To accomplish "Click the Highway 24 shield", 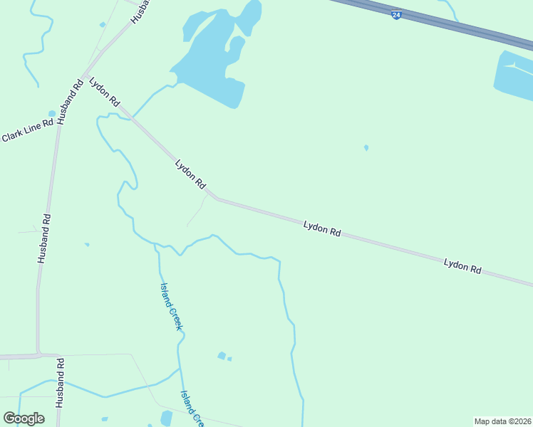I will point(397,14).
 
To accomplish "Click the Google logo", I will point(24,418).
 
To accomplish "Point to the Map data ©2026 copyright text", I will point(502,421).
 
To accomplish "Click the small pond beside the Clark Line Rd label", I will point(51,113).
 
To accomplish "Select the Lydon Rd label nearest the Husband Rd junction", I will point(104,93).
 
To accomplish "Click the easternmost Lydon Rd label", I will point(462,267).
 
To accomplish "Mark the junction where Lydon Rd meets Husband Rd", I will point(84,75).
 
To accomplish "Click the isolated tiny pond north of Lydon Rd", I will point(366,148).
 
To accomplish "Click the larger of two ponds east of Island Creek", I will point(222,356).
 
